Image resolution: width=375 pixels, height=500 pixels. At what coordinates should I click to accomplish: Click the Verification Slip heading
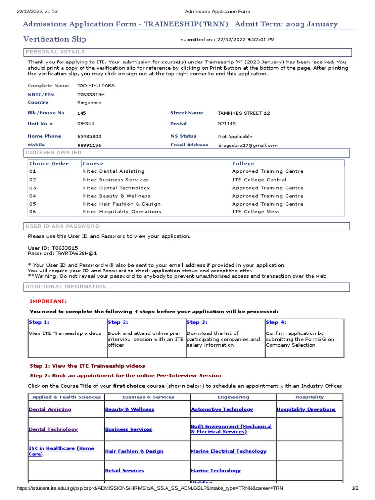[x=55, y=39]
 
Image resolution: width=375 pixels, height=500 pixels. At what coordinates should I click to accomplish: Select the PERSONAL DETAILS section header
[x=55, y=52]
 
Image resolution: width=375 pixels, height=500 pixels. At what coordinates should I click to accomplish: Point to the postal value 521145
[x=227, y=124]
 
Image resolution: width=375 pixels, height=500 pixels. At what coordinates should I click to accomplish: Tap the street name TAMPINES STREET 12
[x=243, y=113]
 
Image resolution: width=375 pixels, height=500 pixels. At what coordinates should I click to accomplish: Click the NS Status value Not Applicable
[x=235, y=137]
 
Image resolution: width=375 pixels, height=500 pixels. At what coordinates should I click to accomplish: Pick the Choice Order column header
[x=49, y=164]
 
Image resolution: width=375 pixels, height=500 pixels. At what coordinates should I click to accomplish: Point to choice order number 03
[x=33, y=188]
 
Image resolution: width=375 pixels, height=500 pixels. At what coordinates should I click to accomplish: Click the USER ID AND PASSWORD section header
[x=62, y=226]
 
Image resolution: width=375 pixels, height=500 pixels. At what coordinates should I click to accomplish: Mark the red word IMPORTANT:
[x=48, y=301]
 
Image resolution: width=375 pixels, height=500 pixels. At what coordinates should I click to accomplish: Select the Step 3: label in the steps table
[x=197, y=322]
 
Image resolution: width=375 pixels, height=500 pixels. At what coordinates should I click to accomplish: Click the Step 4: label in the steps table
[x=276, y=322]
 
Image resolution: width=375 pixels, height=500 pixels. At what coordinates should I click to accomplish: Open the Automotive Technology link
[x=222, y=409]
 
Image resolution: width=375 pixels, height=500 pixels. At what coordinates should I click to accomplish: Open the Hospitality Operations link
[x=306, y=409]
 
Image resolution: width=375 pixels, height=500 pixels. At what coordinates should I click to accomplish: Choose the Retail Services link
[x=125, y=471]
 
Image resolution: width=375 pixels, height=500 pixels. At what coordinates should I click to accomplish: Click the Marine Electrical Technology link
[x=229, y=451]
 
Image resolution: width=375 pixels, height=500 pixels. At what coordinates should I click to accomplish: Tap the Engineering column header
[x=233, y=397]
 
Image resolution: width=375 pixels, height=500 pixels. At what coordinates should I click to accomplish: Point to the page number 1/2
[x=355, y=488]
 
